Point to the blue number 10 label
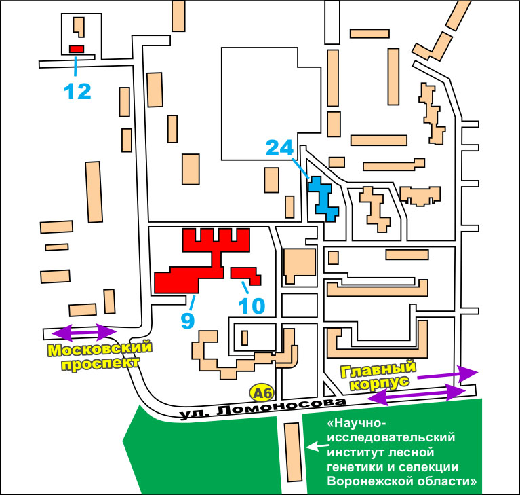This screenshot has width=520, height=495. coord(252,306)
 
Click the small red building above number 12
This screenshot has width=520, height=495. coord(77,49)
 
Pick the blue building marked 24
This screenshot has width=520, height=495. coord(323,199)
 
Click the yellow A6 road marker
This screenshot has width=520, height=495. coord(261,392)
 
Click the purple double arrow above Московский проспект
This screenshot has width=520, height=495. coord(85,332)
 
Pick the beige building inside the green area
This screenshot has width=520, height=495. coord(293,451)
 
